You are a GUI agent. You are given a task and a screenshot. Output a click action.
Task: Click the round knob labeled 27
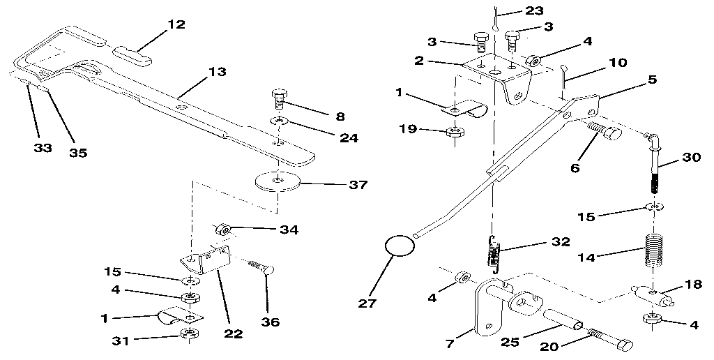tap(397, 246)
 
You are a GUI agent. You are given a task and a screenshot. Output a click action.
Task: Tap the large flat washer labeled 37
tap(278, 181)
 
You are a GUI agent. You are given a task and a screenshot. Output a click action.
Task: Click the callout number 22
tap(233, 334)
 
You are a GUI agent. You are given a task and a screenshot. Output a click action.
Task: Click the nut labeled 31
tap(188, 333)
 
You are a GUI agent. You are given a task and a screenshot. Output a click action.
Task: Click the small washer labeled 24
tap(278, 123)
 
